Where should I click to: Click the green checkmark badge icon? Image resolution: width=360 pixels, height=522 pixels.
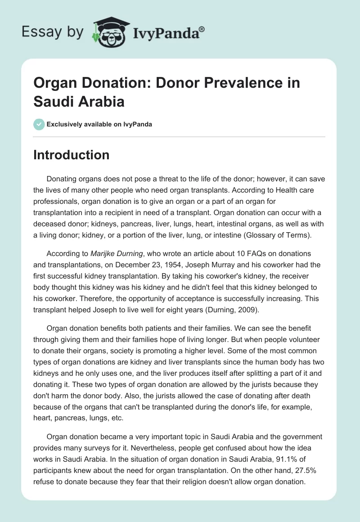[x=39, y=124]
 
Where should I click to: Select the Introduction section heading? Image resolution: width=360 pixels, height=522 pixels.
[x=72, y=155]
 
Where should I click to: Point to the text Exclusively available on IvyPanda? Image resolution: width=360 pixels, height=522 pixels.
[x=99, y=125]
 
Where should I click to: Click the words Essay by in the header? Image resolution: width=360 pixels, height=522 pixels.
[x=53, y=32]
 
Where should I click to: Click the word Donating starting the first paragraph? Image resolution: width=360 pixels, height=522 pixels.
[x=64, y=178]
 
